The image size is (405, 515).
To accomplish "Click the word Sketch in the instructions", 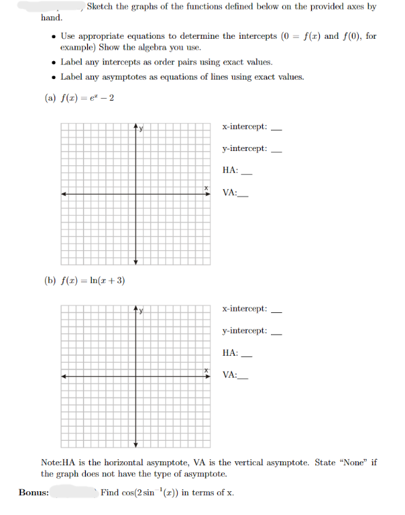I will pyautogui.click(x=101, y=7).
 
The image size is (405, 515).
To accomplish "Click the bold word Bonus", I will pyautogui.click(x=34, y=493).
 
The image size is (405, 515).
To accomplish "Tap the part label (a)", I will pyautogui.click(x=50, y=98).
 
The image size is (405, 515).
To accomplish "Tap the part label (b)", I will pyautogui.click(x=50, y=280).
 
